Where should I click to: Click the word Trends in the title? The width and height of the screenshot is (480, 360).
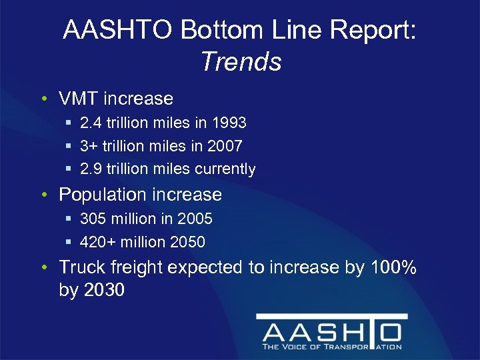241,62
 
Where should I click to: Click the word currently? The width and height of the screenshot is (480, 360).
225,169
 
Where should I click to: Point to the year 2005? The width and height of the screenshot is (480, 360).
194,219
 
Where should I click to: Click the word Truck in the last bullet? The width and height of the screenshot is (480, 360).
78,267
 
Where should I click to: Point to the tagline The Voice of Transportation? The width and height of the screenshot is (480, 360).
331,347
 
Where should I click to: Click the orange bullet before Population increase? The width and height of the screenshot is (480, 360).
43,196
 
